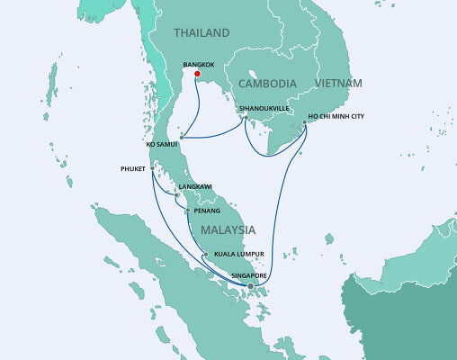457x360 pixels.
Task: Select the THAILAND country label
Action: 202,33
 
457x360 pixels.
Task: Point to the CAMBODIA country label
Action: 268,83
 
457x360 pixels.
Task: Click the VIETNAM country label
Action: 338,83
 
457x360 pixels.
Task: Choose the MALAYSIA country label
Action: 227,229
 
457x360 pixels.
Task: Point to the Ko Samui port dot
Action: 181,138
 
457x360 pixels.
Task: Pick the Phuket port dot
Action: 152,167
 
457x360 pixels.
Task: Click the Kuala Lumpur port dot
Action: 205,255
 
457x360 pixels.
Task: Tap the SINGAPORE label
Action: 248,276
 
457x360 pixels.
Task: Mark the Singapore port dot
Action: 250,286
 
